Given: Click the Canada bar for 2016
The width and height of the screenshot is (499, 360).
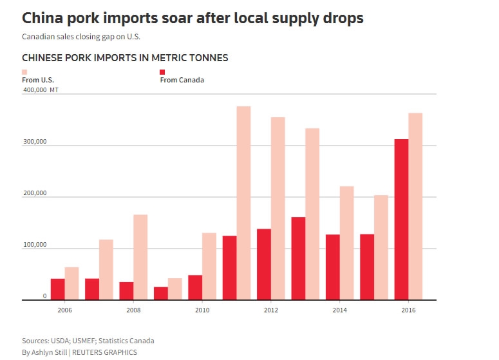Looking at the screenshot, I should [x=401, y=220].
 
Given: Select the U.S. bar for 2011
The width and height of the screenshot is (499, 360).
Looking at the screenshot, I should [x=243, y=203].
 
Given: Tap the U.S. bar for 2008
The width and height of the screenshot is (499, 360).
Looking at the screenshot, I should [x=140, y=257].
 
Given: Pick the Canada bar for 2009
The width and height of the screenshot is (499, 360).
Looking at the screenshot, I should [x=161, y=293].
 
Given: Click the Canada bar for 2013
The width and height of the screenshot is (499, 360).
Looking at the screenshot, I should [x=298, y=258].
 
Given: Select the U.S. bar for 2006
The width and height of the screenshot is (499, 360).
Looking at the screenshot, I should [x=71, y=283].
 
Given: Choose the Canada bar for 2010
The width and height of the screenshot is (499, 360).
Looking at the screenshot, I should [x=195, y=287].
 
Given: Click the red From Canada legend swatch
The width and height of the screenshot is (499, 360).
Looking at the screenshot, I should [x=162, y=72].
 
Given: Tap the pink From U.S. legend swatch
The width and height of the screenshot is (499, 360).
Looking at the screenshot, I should [x=24, y=72].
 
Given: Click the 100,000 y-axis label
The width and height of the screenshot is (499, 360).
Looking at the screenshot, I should [x=34, y=245].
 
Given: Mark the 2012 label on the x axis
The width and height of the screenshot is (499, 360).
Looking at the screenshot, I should [x=271, y=310].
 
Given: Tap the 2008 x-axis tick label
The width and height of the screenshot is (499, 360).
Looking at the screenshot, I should [x=134, y=310].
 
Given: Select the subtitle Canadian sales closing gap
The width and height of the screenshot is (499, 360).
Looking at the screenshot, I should [x=80, y=36].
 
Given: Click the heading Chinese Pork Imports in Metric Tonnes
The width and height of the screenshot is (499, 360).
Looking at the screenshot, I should [x=125, y=58].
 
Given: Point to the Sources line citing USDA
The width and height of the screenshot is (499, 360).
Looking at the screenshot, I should [x=88, y=341].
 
